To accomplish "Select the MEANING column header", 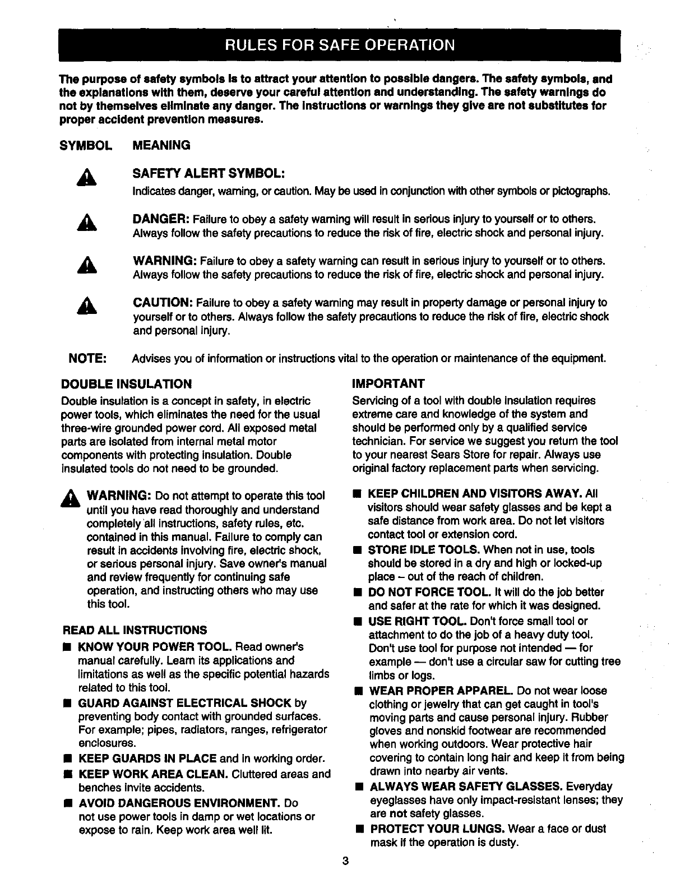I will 161,146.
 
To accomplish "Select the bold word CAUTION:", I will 163,303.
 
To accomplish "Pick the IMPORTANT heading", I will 388,384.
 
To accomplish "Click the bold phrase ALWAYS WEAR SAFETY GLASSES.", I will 466,787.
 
